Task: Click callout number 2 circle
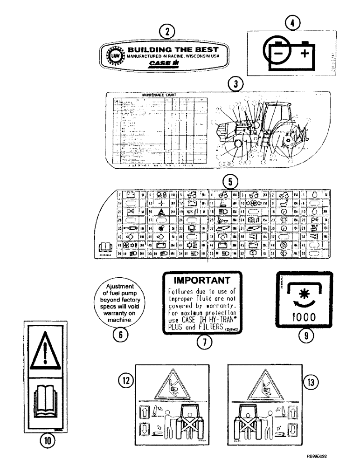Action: tap(166, 32)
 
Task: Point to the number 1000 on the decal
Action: tap(303, 316)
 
